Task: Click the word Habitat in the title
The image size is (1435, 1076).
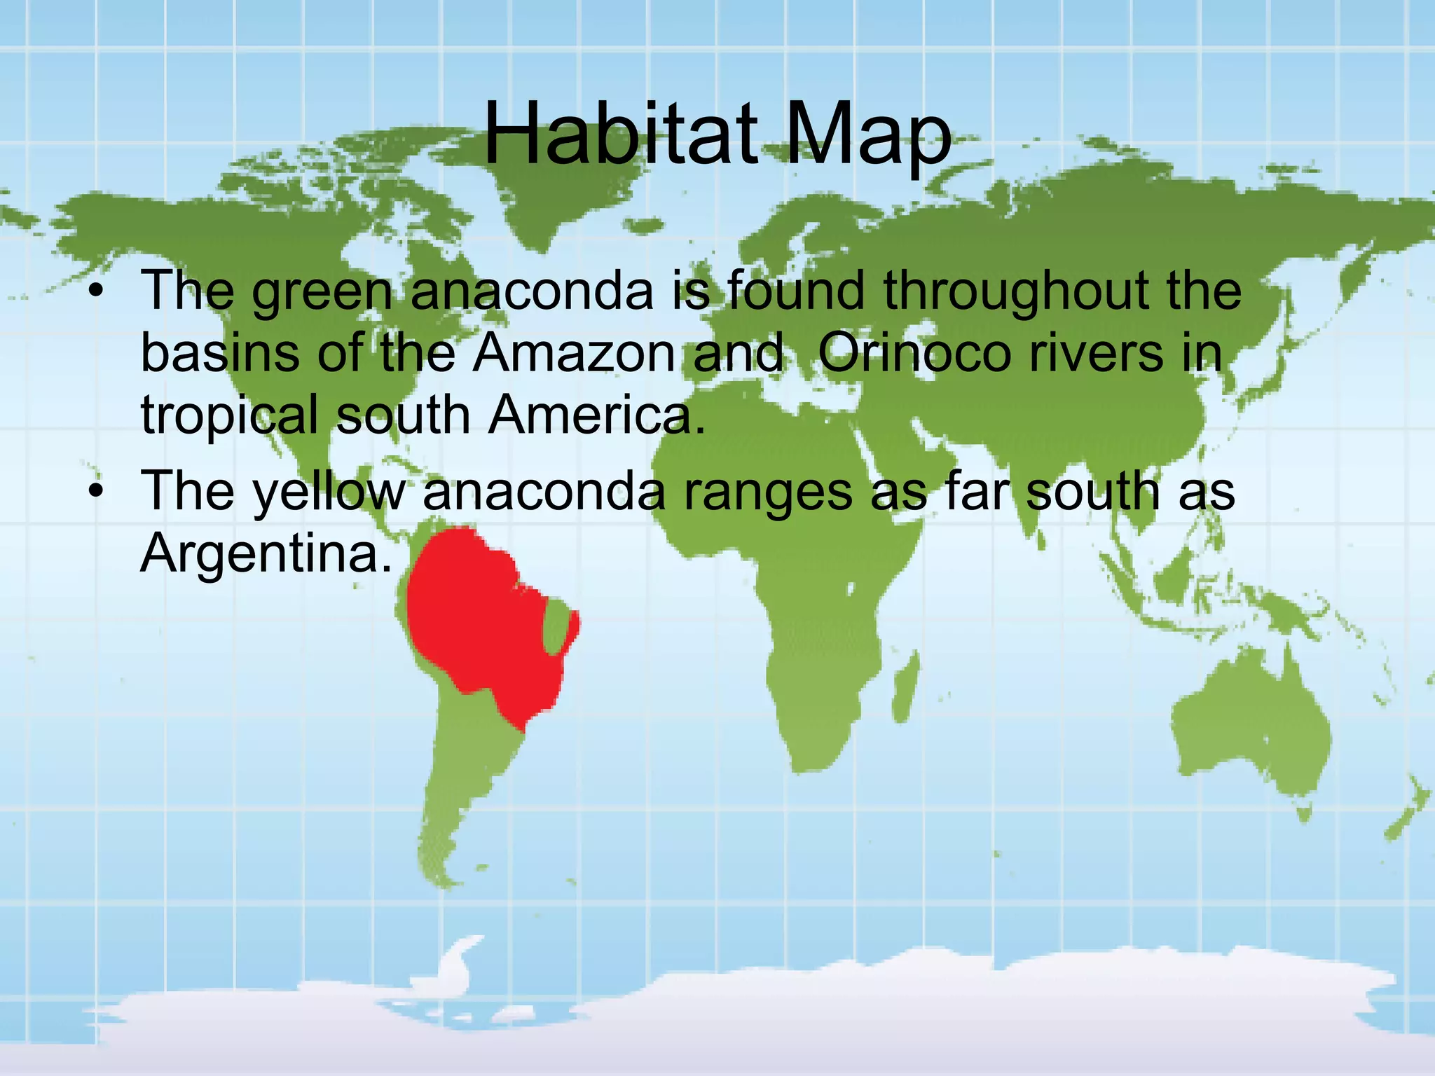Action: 620,133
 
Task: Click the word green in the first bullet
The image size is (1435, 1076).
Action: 322,292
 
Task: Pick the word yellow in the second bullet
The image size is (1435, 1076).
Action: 329,493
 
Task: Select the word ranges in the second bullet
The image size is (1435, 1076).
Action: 767,493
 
